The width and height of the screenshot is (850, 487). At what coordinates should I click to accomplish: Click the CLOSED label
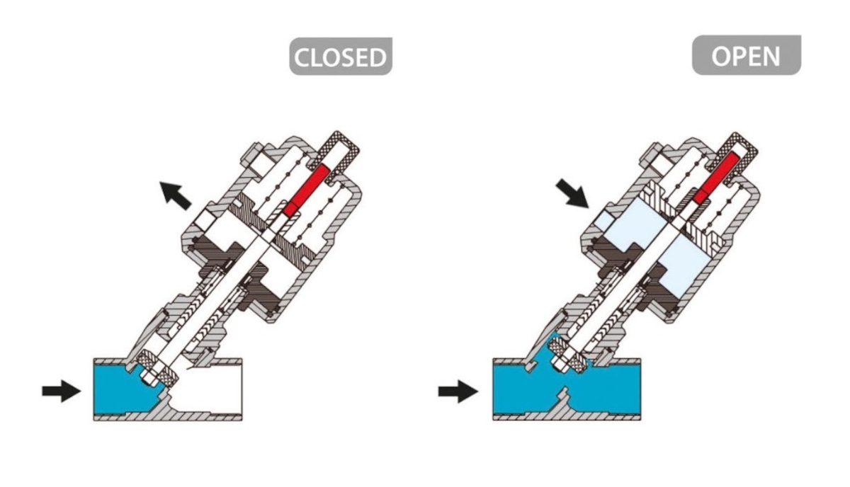click(340, 57)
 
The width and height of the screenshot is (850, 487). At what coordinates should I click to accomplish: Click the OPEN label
click(746, 55)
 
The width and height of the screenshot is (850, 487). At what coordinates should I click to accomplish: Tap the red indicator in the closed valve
click(305, 188)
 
